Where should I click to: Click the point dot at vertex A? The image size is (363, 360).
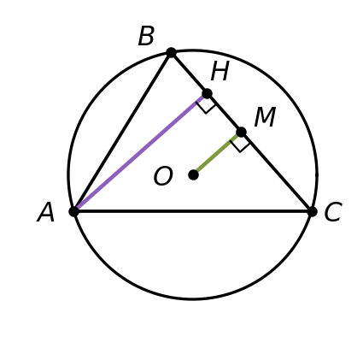[73, 211]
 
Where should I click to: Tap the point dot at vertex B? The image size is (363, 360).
[171, 53]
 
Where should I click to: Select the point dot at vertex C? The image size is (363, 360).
[313, 212]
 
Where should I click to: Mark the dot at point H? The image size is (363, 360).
[207, 93]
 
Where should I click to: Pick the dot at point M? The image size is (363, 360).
[241, 133]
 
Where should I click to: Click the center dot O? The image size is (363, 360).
[194, 174]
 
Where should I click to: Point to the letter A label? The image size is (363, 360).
[46, 212]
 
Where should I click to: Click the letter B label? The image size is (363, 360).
[146, 36]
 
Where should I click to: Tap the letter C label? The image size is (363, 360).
[333, 212]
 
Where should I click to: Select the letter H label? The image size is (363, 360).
[220, 71]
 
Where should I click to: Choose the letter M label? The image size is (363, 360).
[265, 117]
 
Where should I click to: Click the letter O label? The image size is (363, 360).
[163, 176]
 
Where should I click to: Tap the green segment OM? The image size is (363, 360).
[216, 154]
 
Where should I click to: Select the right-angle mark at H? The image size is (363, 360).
[206, 105]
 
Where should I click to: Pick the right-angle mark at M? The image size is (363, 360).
[240, 144]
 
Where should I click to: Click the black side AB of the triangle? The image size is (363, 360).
[122, 133]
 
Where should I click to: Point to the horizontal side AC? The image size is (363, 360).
[193, 211]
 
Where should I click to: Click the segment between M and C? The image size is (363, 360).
[277, 172]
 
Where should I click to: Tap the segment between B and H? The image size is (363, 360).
[189, 74]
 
